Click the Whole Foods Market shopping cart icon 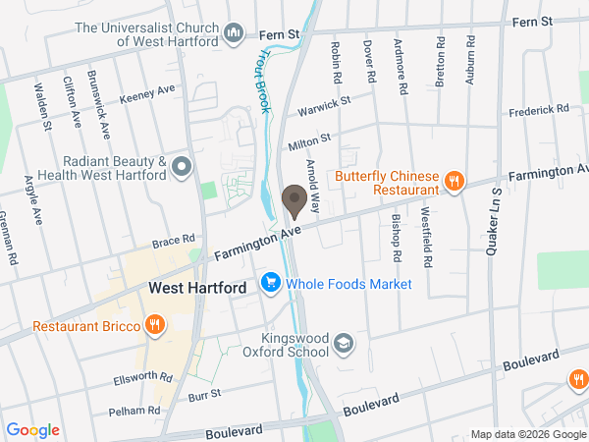[x=271, y=284]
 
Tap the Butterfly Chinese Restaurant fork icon [x=454, y=180]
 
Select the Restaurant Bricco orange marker [x=154, y=325]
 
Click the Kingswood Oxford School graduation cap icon [x=343, y=344]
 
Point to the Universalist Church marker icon [x=234, y=35]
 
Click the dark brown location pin [x=294, y=201]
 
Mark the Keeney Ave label [x=146, y=94]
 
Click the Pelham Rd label [x=134, y=410]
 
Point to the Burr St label [x=205, y=393]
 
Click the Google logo [x=33, y=429]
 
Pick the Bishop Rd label [x=397, y=239]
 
